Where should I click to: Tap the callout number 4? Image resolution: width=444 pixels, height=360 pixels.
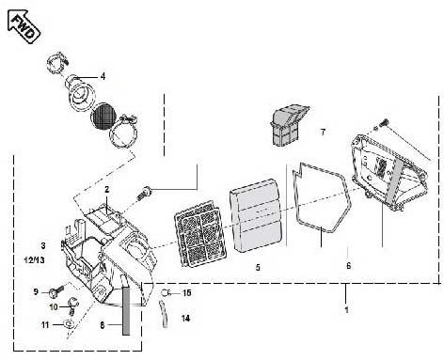pyautogui.click(x=103, y=76)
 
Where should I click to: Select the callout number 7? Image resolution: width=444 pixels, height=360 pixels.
pyautogui.click(x=322, y=132)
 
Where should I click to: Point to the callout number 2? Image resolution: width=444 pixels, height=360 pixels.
pyautogui.click(x=107, y=190)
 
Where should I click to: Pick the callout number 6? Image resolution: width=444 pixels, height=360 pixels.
pyautogui.click(x=348, y=266)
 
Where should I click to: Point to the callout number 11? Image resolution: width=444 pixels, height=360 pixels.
pyautogui.click(x=44, y=324)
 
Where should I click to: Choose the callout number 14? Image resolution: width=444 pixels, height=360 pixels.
pyautogui.click(x=184, y=318)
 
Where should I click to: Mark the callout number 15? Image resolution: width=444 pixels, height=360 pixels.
pyautogui.click(x=186, y=293)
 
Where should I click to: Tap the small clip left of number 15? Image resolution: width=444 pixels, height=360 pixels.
pyautogui.click(x=166, y=293)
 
